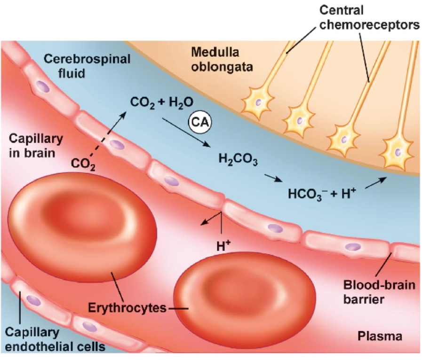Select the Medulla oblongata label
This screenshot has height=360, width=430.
tap(215, 59)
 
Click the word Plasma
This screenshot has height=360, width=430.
tap(380, 336)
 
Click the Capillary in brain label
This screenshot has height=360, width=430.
tap(36, 146)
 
